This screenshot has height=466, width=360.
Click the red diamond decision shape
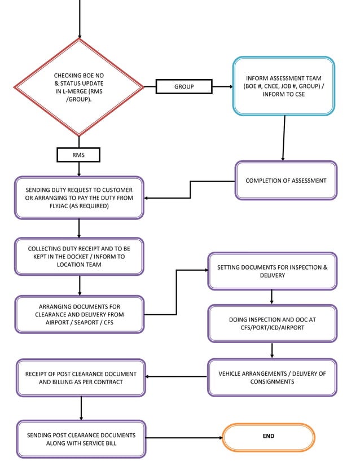pos(79,87)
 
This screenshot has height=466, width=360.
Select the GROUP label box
pos(184,86)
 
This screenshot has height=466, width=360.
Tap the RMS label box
pos(78,155)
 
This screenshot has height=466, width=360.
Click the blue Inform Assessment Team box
pos(284,86)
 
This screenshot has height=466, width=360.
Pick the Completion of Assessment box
pos(286,181)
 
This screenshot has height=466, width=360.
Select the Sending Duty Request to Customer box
pos(79,197)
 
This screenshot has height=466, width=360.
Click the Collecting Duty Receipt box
pos(79,256)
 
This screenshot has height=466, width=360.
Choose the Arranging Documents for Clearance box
pos(79,314)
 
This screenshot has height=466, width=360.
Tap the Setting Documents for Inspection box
pos(272,271)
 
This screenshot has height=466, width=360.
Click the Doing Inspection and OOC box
pos(272,323)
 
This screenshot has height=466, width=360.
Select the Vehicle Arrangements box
pos(272,377)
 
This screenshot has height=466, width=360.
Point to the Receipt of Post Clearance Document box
pos(81,377)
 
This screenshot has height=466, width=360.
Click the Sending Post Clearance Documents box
pos(81,439)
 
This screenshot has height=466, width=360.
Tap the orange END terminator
pos(269,437)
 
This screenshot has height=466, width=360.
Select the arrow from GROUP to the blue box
pos(222,87)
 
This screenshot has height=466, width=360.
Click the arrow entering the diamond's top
pos(80,20)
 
